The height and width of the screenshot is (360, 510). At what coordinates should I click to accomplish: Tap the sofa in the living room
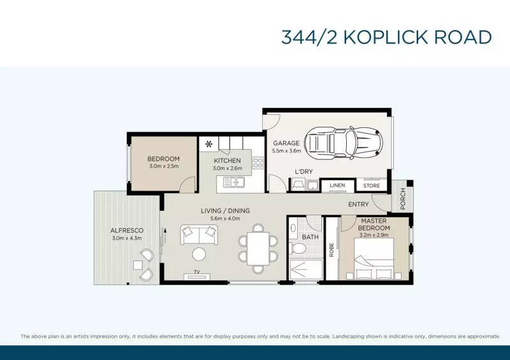click(199, 235)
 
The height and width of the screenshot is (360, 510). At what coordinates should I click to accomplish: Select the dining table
click(258, 248)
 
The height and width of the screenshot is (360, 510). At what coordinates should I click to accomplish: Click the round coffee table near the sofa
click(199, 254)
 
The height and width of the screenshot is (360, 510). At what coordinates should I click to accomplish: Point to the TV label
click(197, 272)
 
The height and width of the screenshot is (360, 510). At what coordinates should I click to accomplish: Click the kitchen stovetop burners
click(258, 163)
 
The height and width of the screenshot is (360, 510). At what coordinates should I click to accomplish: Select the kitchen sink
click(234, 182)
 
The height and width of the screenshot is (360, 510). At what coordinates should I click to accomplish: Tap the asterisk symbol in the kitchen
click(208, 144)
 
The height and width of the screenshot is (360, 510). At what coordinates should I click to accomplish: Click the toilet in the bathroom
click(297, 248)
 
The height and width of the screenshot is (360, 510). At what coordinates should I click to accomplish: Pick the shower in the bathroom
click(306, 270)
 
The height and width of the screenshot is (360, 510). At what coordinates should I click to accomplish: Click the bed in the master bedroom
click(374, 259)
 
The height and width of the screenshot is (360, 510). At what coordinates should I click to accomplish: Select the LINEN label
click(337, 185)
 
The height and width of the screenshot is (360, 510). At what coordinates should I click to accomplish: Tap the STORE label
click(372, 185)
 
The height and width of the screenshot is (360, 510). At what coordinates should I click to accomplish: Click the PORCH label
click(403, 199)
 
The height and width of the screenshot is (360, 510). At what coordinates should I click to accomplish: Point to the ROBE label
click(331, 250)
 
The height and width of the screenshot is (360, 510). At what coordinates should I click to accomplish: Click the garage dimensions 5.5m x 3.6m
click(286, 151)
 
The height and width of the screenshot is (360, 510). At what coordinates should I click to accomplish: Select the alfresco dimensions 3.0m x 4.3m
click(127, 238)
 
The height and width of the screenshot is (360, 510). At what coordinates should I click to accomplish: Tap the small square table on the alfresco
click(137, 265)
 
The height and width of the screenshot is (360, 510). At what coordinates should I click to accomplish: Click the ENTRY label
click(358, 205)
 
